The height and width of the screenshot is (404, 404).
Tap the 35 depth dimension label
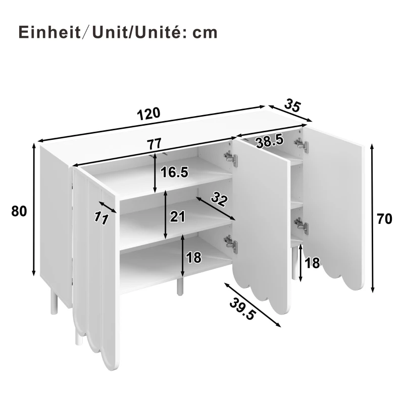(x=292, y=106)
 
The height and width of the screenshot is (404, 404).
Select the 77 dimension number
(x=155, y=144)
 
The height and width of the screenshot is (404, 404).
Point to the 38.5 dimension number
(x=269, y=142)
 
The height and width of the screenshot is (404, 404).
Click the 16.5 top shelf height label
(x=174, y=172)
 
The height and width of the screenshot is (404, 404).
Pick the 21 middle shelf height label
(x=178, y=217)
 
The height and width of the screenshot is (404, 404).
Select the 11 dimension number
(x=102, y=217)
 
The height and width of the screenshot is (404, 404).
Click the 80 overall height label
(x=19, y=211)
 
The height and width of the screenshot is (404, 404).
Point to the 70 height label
(x=385, y=219)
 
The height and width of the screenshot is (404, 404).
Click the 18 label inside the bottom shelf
(x=193, y=258)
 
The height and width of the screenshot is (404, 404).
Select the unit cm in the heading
(x=205, y=33)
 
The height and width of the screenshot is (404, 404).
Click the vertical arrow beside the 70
(x=372, y=218)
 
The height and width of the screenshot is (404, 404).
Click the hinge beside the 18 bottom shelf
(x=231, y=244)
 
